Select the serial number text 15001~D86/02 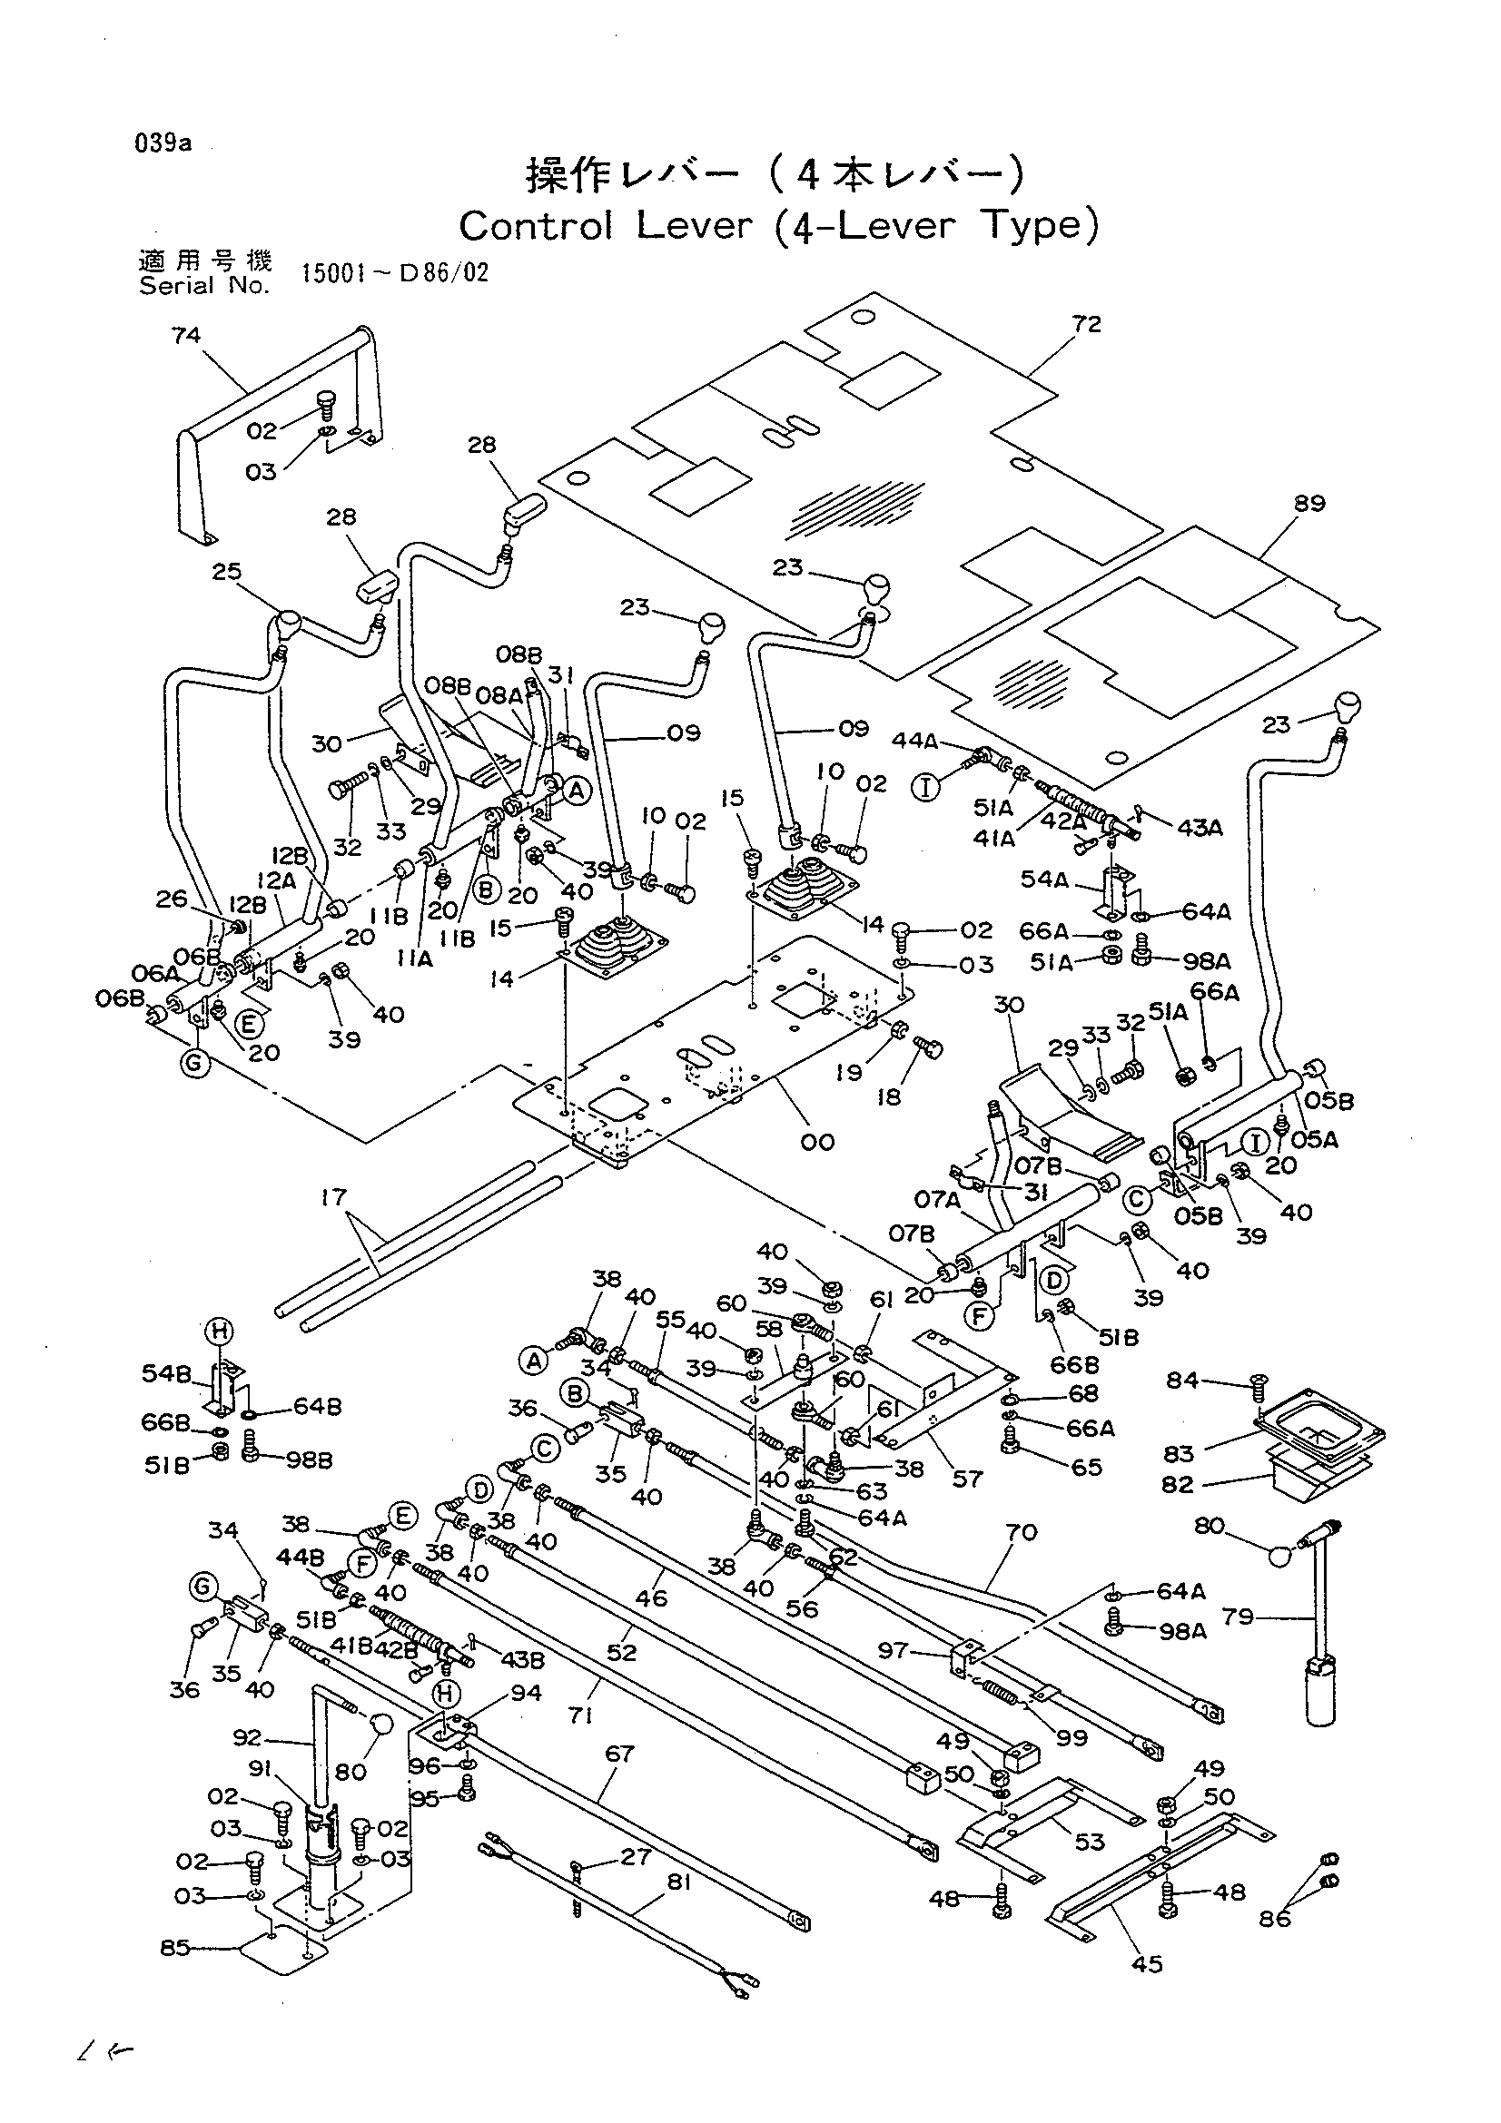point(395,274)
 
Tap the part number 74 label point(186,335)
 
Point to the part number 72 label point(1088,324)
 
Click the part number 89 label point(1310,503)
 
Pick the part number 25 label point(227,572)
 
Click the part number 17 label point(333,1197)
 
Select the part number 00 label point(818,1142)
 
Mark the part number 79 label point(1238,1617)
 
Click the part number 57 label point(967,1479)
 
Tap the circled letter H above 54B point(219,1332)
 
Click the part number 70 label point(1021,1532)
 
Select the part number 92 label point(248,1738)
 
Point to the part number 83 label point(1180,1453)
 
